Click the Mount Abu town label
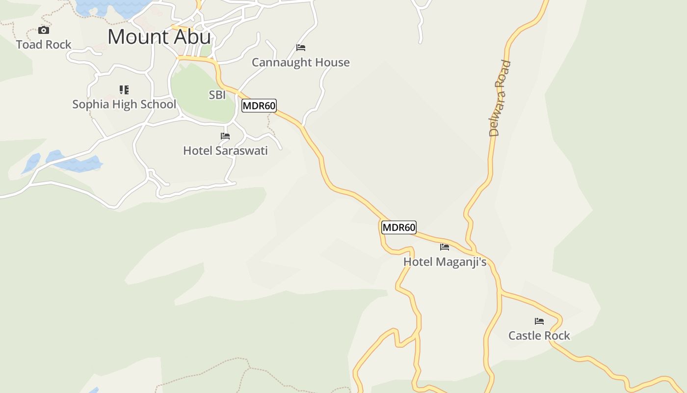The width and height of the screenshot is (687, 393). tap(159, 37)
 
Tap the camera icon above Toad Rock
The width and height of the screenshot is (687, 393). tap(44, 30)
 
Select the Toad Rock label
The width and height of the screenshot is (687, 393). tap(44, 45)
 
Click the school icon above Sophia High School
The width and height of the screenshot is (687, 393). tap(124, 89)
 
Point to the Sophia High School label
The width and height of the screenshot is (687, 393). tap(124, 104)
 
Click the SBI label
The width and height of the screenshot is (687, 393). tap(217, 95)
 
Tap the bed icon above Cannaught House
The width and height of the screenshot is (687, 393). tap(301, 48)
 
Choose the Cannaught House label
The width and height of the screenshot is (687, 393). tap(301, 62)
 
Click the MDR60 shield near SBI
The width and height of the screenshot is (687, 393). tap(259, 106)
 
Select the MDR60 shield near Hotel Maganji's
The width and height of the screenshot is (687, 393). tap(399, 227)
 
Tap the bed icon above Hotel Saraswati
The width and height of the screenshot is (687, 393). tap(225, 136)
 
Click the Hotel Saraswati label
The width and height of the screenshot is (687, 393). tap(225, 150)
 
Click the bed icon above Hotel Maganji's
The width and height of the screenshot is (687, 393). tap(445, 247)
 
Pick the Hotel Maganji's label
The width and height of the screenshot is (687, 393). tap(445, 262)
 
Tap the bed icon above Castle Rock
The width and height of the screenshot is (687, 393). tap(539, 321)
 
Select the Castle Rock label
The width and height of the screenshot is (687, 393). tap(539, 336)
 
